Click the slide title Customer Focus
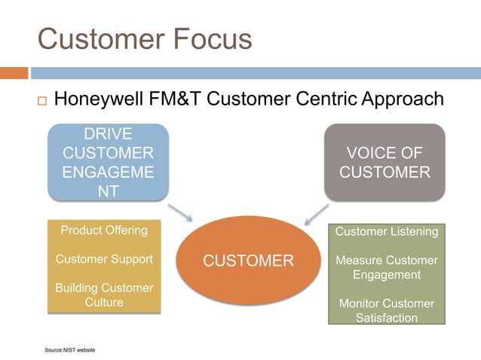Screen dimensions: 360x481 (144, 39)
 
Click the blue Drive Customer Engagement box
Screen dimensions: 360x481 (108, 163)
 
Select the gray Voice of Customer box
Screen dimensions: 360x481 (384, 163)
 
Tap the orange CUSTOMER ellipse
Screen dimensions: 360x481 (249, 261)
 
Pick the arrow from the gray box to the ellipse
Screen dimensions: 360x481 (317, 214)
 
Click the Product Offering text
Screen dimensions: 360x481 (104, 230)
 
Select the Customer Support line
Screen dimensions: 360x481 (104, 259)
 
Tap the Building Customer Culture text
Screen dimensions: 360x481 (104, 295)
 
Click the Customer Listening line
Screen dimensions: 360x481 (386, 232)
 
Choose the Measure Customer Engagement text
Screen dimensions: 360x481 (386, 267)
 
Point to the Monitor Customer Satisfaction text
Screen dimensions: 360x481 (386, 310)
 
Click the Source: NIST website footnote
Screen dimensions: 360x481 (70, 350)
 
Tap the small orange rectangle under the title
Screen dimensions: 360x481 (14, 73)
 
